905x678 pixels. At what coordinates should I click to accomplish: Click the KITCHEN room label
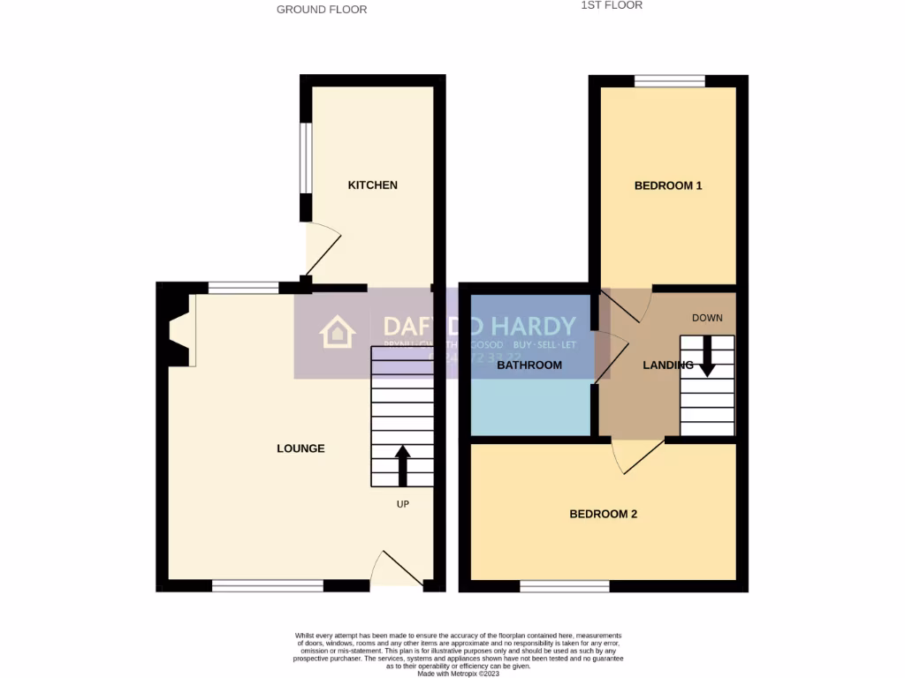pos(372,185)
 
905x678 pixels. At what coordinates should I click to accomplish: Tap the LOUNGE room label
pos(300,448)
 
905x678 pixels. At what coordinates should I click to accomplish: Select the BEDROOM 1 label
pos(668,185)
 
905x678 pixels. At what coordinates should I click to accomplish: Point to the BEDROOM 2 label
pos(603,514)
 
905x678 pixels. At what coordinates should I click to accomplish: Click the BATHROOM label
pos(529,365)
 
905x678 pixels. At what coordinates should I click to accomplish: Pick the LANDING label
pos(667,365)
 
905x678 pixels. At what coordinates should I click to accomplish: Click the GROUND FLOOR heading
pos(322,10)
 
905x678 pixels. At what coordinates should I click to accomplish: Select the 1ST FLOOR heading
pos(612,5)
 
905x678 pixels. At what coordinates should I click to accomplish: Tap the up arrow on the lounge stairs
pos(402,466)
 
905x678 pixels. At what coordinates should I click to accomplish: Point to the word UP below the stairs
pos(402,504)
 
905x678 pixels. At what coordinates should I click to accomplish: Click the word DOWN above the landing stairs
pos(707,318)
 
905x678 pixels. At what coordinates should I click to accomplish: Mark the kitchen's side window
pos(306,157)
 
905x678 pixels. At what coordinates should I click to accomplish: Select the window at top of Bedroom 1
pos(669,81)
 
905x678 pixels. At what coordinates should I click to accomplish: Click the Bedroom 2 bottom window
pos(564,586)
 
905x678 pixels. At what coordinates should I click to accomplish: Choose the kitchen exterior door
pos(322,249)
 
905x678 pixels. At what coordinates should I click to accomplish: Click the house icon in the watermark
pos(337,333)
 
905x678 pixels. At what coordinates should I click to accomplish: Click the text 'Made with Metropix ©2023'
pos(457,673)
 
